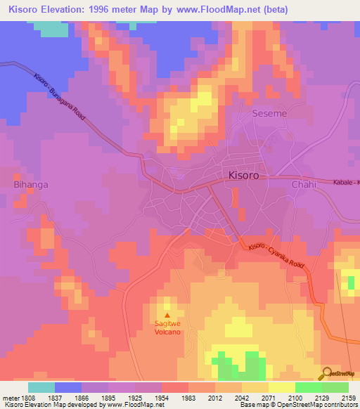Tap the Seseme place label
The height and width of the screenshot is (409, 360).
tap(267, 113)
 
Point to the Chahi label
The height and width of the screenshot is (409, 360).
tap(304, 184)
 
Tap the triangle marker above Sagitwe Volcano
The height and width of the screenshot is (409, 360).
tap(167, 314)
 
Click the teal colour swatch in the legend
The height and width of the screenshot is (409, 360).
tap(41, 387)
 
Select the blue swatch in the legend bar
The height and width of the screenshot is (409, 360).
tap(68, 387)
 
